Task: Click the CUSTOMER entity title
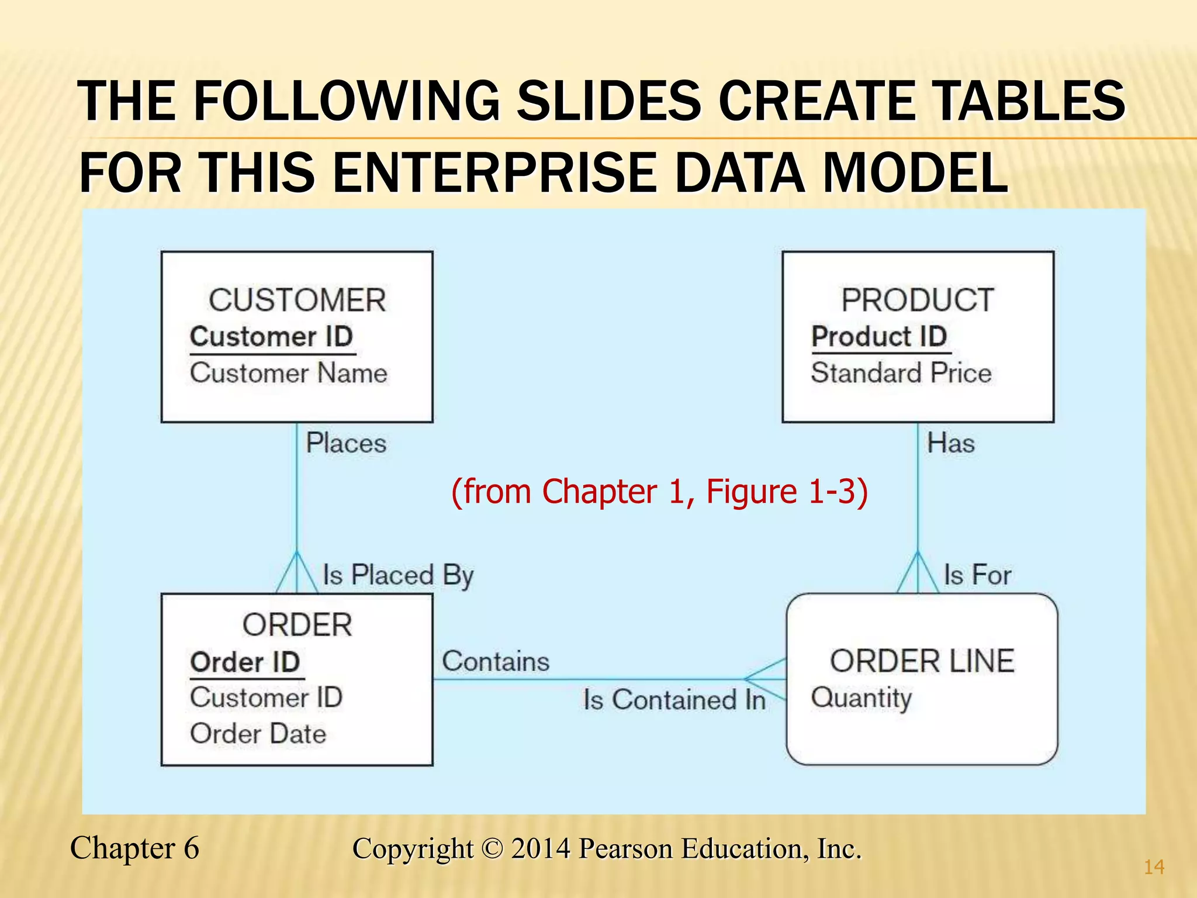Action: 297,301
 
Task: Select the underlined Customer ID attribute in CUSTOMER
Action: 272,337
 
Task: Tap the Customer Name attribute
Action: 289,373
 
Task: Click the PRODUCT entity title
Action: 918,301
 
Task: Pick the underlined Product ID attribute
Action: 879,337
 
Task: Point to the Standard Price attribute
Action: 901,373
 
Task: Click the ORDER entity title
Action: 297,625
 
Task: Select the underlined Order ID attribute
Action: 245,662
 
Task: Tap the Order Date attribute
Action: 258,734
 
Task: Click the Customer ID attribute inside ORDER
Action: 267,697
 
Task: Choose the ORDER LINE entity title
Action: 922,661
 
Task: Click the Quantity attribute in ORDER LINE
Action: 862,698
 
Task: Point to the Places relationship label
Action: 346,443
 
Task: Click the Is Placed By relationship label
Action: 398,575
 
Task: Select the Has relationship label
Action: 951,443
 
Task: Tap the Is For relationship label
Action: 977,575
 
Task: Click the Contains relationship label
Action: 496,662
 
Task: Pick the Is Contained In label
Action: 674,700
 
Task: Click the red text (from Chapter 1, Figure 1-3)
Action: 659,491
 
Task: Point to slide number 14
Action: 1154,867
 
